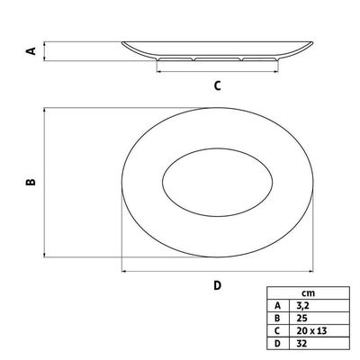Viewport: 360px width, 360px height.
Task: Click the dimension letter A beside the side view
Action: click(x=31, y=51)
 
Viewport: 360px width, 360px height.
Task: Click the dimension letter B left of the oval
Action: click(x=31, y=182)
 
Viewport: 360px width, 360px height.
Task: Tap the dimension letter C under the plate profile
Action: click(x=218, y=85)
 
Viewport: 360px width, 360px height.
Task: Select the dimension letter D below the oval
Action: click(x=218, y=285)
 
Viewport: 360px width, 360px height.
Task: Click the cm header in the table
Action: click(x=308, y=293)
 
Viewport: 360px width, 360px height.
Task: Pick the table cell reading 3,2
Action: click(x=302, y=306)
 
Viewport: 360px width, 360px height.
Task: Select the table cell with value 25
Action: click(x=301, y=318)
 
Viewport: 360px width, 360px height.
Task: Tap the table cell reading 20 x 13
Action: click(x=311, y=331)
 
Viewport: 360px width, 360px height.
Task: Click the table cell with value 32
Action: click(x=301, y=344)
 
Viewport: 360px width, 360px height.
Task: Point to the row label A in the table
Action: click(x=277, y=306)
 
